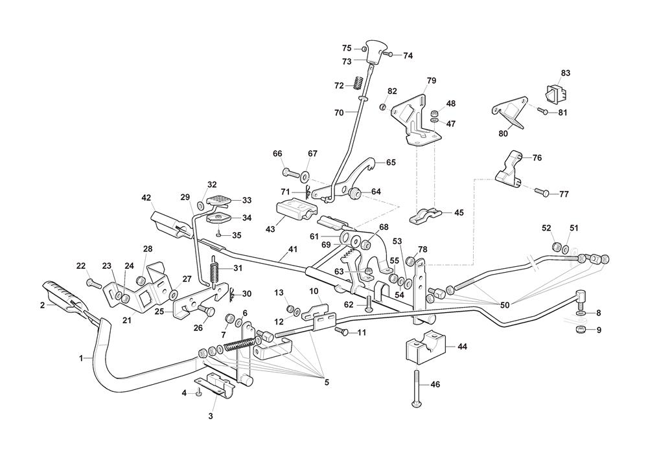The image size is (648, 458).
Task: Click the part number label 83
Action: [566, 73]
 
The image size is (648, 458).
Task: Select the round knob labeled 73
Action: [374, 51]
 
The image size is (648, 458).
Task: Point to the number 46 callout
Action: [435, 384]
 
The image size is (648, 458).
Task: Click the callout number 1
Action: [82, 358]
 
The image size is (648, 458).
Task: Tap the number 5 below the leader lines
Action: [327, 382]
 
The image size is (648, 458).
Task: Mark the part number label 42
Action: [146, 198]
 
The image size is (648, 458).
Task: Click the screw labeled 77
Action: [542, 192]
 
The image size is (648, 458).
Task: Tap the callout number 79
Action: [431, 81]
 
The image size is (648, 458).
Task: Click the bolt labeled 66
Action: [290, 174]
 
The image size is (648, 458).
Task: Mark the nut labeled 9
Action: [581, 331]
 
